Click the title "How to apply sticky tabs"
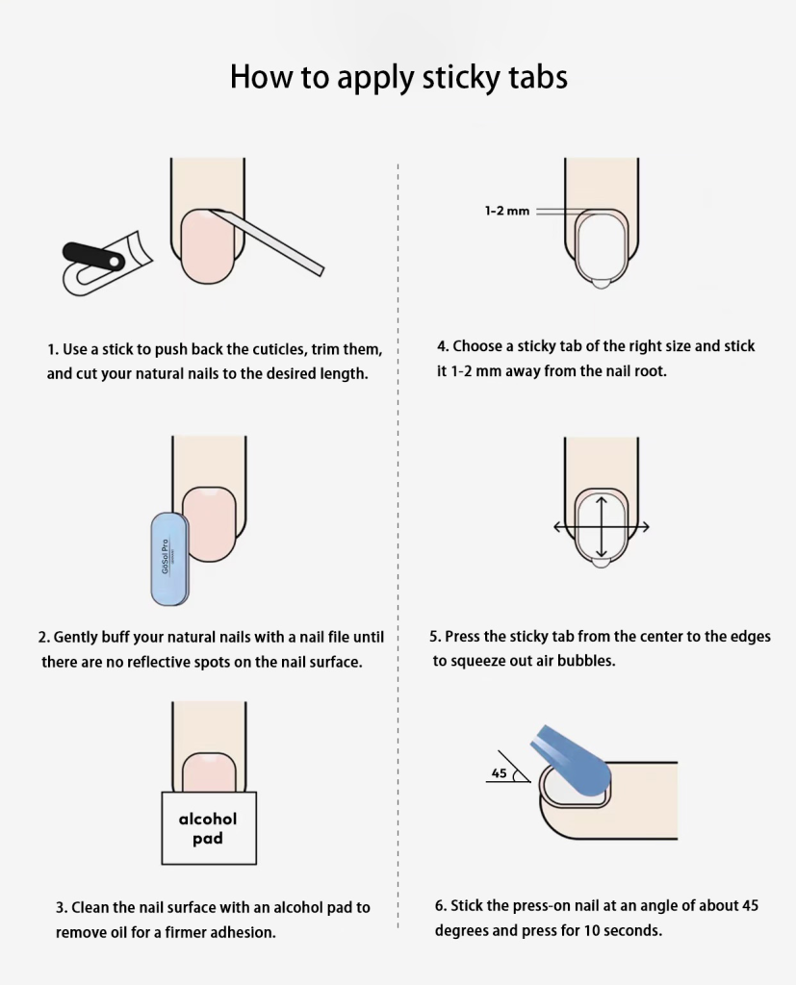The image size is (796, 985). click(398, 77)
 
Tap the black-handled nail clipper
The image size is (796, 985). click(107, 264)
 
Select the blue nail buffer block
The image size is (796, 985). click(169, 559)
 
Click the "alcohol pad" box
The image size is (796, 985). click(209, 828)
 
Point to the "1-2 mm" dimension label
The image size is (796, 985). click(507, 211)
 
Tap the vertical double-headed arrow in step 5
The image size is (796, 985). click(602, 527)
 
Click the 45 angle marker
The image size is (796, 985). click(508, 767)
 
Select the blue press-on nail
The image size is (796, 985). click(572, 761)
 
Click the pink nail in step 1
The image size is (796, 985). click(208, 246)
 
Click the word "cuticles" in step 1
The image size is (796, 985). click(280, 349)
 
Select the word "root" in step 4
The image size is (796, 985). click(650, 371)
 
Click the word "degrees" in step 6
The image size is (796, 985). click(461, 931)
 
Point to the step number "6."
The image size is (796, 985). click(441, 906)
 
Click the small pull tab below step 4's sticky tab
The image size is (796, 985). click(601, 284)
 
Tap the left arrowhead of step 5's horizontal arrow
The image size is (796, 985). click(557, 527)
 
